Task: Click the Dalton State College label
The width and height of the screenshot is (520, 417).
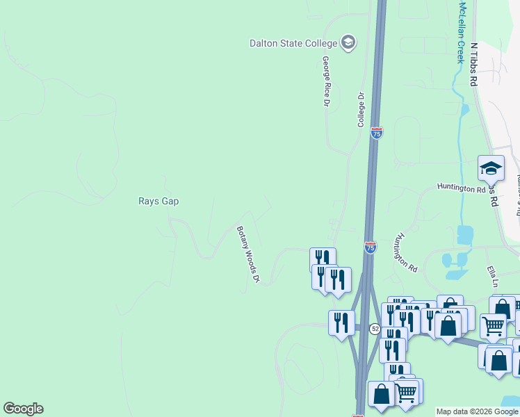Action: (293, 43)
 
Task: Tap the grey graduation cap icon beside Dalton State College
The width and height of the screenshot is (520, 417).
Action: (348, 43)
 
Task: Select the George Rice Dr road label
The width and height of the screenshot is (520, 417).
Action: (325, 82)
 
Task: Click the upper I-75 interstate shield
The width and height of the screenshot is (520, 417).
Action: (376, 133)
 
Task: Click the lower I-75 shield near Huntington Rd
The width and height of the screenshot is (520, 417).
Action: (371, 247)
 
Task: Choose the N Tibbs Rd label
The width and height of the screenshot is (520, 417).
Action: (474, 64)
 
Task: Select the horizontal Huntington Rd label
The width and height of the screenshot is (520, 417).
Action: (461, 188)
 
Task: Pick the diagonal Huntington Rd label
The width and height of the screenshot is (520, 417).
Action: (405, 252)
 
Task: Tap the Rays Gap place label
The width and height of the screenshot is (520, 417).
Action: (159, 202)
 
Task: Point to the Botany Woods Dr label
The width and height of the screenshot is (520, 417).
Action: (247, 254)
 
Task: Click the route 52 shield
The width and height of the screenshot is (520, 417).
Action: (375, 328)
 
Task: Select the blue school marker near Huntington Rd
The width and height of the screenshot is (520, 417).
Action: (491, 169)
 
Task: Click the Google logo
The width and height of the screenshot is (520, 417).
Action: (23, 409)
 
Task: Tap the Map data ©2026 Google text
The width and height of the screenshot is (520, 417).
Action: (478, 411)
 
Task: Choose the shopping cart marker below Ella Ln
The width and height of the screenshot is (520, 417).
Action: (493, 325)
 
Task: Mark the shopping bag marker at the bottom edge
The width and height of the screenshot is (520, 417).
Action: (381, 395)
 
